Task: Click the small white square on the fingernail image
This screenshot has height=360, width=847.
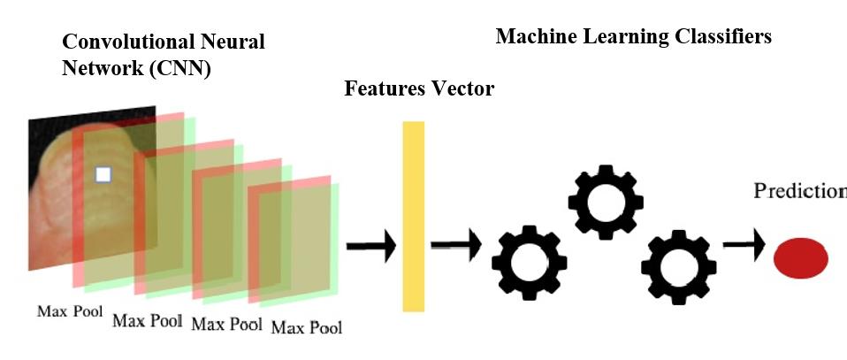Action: pyautogui.click(x=103, y=174)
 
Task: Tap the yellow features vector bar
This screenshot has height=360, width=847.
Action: pyautogui.click(x=413, y=216)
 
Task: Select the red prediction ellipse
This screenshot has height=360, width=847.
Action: pyautogui.click(x=801, y=258)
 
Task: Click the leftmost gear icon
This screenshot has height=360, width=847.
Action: pyautogui.click(x=529, y=263)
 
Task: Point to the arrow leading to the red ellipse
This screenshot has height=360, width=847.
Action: pyautogui.click(x=744, y=248)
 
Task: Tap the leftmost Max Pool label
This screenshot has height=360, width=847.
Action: pyautogui.click(x=70, y=311)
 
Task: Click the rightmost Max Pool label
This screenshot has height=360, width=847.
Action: pyautogui.click(x=306, y=328)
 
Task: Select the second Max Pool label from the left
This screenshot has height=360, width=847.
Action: pyautogui.click(x=147, y=320)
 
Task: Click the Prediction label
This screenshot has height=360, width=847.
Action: pyautogui.click(x=799, y=191)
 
